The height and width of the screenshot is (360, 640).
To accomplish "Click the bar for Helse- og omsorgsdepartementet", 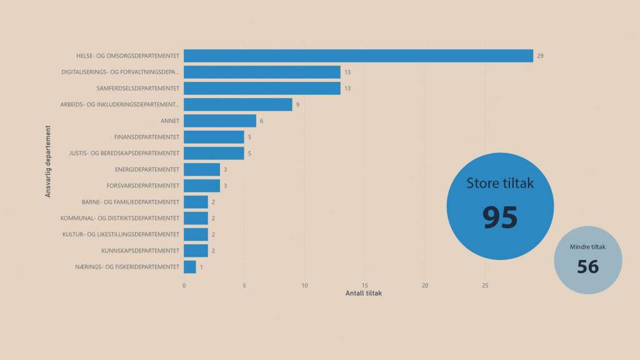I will click(x=358, y=56).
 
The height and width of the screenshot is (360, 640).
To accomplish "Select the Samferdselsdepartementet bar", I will click(x=262, y=88).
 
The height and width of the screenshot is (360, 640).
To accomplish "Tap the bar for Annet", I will click(x=220, y=121).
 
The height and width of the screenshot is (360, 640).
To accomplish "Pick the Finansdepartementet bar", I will click(x=214, y=137).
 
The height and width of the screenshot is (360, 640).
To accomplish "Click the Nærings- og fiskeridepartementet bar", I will click(x=190, y=267).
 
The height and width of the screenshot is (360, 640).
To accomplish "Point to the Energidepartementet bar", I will click(x=202, y=169).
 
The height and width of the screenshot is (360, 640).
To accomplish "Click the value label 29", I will click(x=540, y=56).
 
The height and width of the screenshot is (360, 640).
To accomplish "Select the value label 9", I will click(x=298, y=105).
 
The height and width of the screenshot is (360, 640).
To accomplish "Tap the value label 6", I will click(x=262, y=121).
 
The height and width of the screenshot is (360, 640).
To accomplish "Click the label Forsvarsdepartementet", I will click(x=143, y=186).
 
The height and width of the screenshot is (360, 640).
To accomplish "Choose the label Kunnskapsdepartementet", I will click(x=141, y=251).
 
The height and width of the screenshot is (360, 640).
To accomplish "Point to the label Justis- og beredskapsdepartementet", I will click(x=124, y=153).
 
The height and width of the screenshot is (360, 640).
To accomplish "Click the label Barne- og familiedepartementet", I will click(x=131, y=202).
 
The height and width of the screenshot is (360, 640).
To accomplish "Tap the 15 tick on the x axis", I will click(x=365, y=286).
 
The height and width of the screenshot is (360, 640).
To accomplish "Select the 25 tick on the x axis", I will click(x=485, y=286).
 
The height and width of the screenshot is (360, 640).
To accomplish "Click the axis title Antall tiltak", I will click(x=363, y=294).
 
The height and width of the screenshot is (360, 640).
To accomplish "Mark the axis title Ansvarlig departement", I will click(x=48, y=162).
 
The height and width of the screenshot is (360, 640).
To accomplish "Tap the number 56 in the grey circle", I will click(x=587, y=267).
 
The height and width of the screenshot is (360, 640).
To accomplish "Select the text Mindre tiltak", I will click(x=587, y=247).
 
